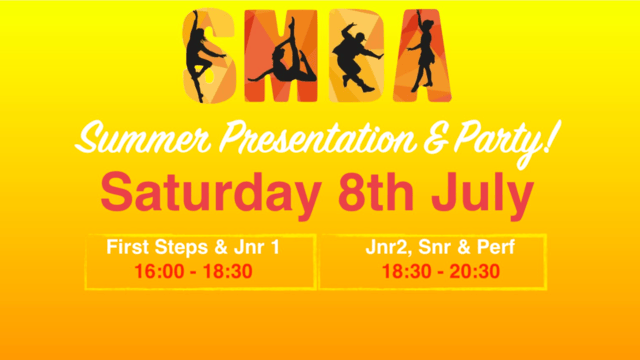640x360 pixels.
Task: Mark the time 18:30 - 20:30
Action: click(431, 270)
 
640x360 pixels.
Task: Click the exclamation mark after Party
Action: click(549, 140)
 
